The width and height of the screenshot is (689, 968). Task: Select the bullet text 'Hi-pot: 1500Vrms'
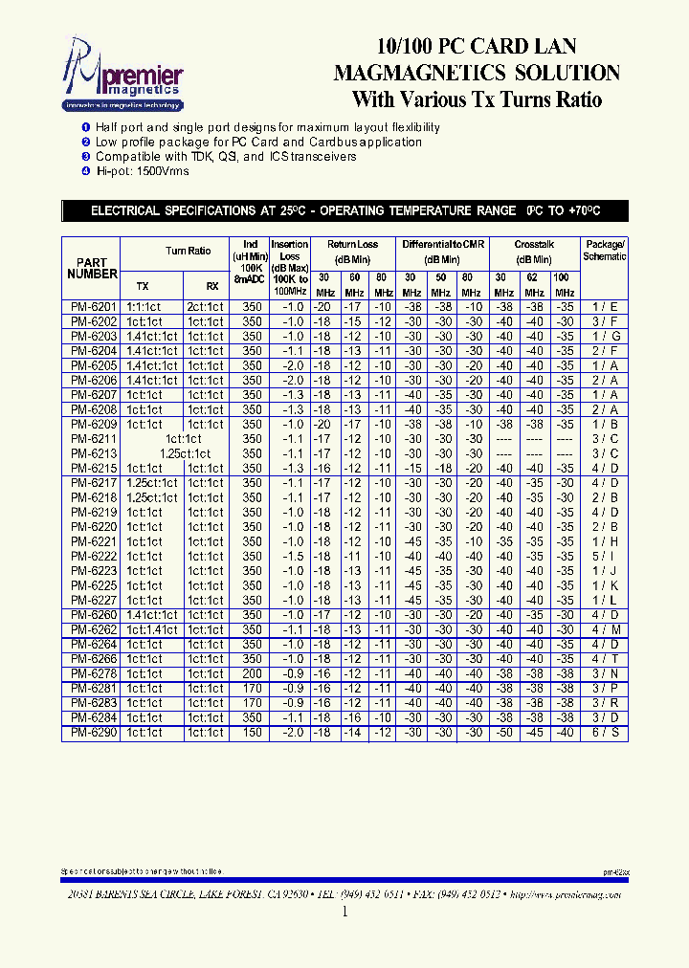(x=143, y=171)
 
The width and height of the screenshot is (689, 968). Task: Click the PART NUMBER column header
(x=93, y=268)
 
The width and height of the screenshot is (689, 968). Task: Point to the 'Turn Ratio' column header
(x=188, y=251)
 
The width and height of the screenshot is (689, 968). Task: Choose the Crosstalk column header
(x=534, y=245)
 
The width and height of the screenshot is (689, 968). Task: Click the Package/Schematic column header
(x=605, y=251)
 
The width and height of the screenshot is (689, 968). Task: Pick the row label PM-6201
(x=93, y=307)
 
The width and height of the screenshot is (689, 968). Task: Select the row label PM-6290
(x=93, y=733)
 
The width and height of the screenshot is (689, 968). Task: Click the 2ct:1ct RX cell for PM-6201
(x=206, y=307)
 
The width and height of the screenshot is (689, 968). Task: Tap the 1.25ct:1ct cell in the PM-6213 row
(x=186, y=453)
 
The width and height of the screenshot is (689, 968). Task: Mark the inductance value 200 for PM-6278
(x=252, y=673)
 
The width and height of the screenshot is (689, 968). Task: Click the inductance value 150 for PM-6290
(x=252, y=733)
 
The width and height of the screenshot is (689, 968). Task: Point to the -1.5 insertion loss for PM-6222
(x=292, y=556)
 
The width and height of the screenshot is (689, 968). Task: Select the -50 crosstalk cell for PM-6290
(x=504, y=733)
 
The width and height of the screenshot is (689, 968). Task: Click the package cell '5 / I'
(x=605, y=556)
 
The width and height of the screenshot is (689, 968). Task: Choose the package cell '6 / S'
(x=605, y=733)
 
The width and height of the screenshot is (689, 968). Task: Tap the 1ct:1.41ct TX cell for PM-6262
(x=150, y=629)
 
